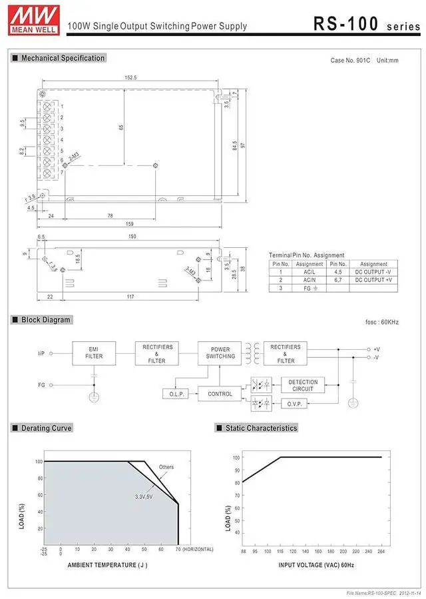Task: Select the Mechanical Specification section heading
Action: [x=63, y=58]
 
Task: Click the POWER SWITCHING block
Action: [x=220, y=352]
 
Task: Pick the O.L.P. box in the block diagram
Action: [x=177, y=394]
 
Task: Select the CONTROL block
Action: [x=220, y=394]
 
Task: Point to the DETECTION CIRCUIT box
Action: [x=303, y=385]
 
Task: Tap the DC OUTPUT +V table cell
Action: [x=373, y=280]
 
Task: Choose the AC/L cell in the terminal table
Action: [x=310, y=272]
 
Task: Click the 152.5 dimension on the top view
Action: [x=130, y=78]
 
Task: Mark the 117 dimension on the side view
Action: [x=130, y=296]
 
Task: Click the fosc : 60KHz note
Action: [x=382, y=322]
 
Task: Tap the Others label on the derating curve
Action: [x=166, y=467]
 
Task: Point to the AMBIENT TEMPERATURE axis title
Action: [x=107, y=565]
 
